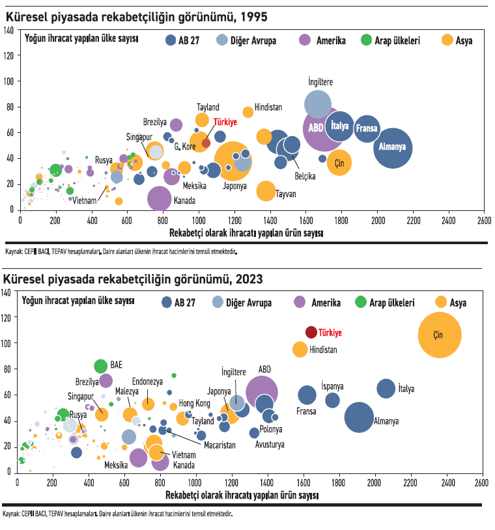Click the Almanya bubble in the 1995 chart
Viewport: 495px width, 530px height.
click(392, 147)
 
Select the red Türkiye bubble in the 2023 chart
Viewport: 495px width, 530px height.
click(311, 332)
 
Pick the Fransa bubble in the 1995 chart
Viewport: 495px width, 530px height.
click(367, 128)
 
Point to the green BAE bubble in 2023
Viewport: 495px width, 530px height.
click(100, 366)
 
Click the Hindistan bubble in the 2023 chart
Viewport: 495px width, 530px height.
click(300, 349)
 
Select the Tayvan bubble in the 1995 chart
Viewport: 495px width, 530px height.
click(266, 191)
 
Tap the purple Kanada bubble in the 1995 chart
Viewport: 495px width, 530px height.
click(160, 199)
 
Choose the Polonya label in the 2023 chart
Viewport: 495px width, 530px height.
click(271, 429)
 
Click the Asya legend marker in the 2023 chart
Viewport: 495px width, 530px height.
click(442, 302)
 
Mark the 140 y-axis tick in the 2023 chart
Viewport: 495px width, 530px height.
click(7, 292)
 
